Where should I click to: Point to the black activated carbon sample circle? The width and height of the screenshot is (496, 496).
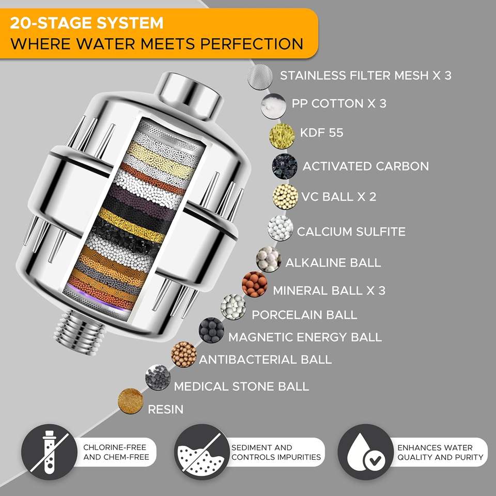pyautogui.click(x=285, y=166)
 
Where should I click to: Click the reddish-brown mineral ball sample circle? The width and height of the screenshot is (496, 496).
pyautogui.click(x=255, y=284)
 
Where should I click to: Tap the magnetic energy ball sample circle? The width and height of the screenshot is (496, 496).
pyautogui.click(x=212, y=330)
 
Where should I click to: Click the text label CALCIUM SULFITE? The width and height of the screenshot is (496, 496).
pyautogui.click(x=351, y=231)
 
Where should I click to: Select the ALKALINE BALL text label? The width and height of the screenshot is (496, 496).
pyautogui.click(x=333, y=262)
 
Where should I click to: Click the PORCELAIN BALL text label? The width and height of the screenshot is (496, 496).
pyautogui.click(x=304, y=314)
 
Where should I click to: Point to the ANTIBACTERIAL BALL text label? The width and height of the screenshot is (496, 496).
pyautogui.click(x=265, y=360)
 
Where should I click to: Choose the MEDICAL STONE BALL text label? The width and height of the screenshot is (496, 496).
pyautogui.click(x=241, y=386)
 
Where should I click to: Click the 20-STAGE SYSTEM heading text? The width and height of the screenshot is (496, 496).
pyautogui.click(x=87, y=23)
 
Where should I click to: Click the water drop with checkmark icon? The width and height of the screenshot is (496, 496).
pyautogui.click(x=365, y=453)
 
